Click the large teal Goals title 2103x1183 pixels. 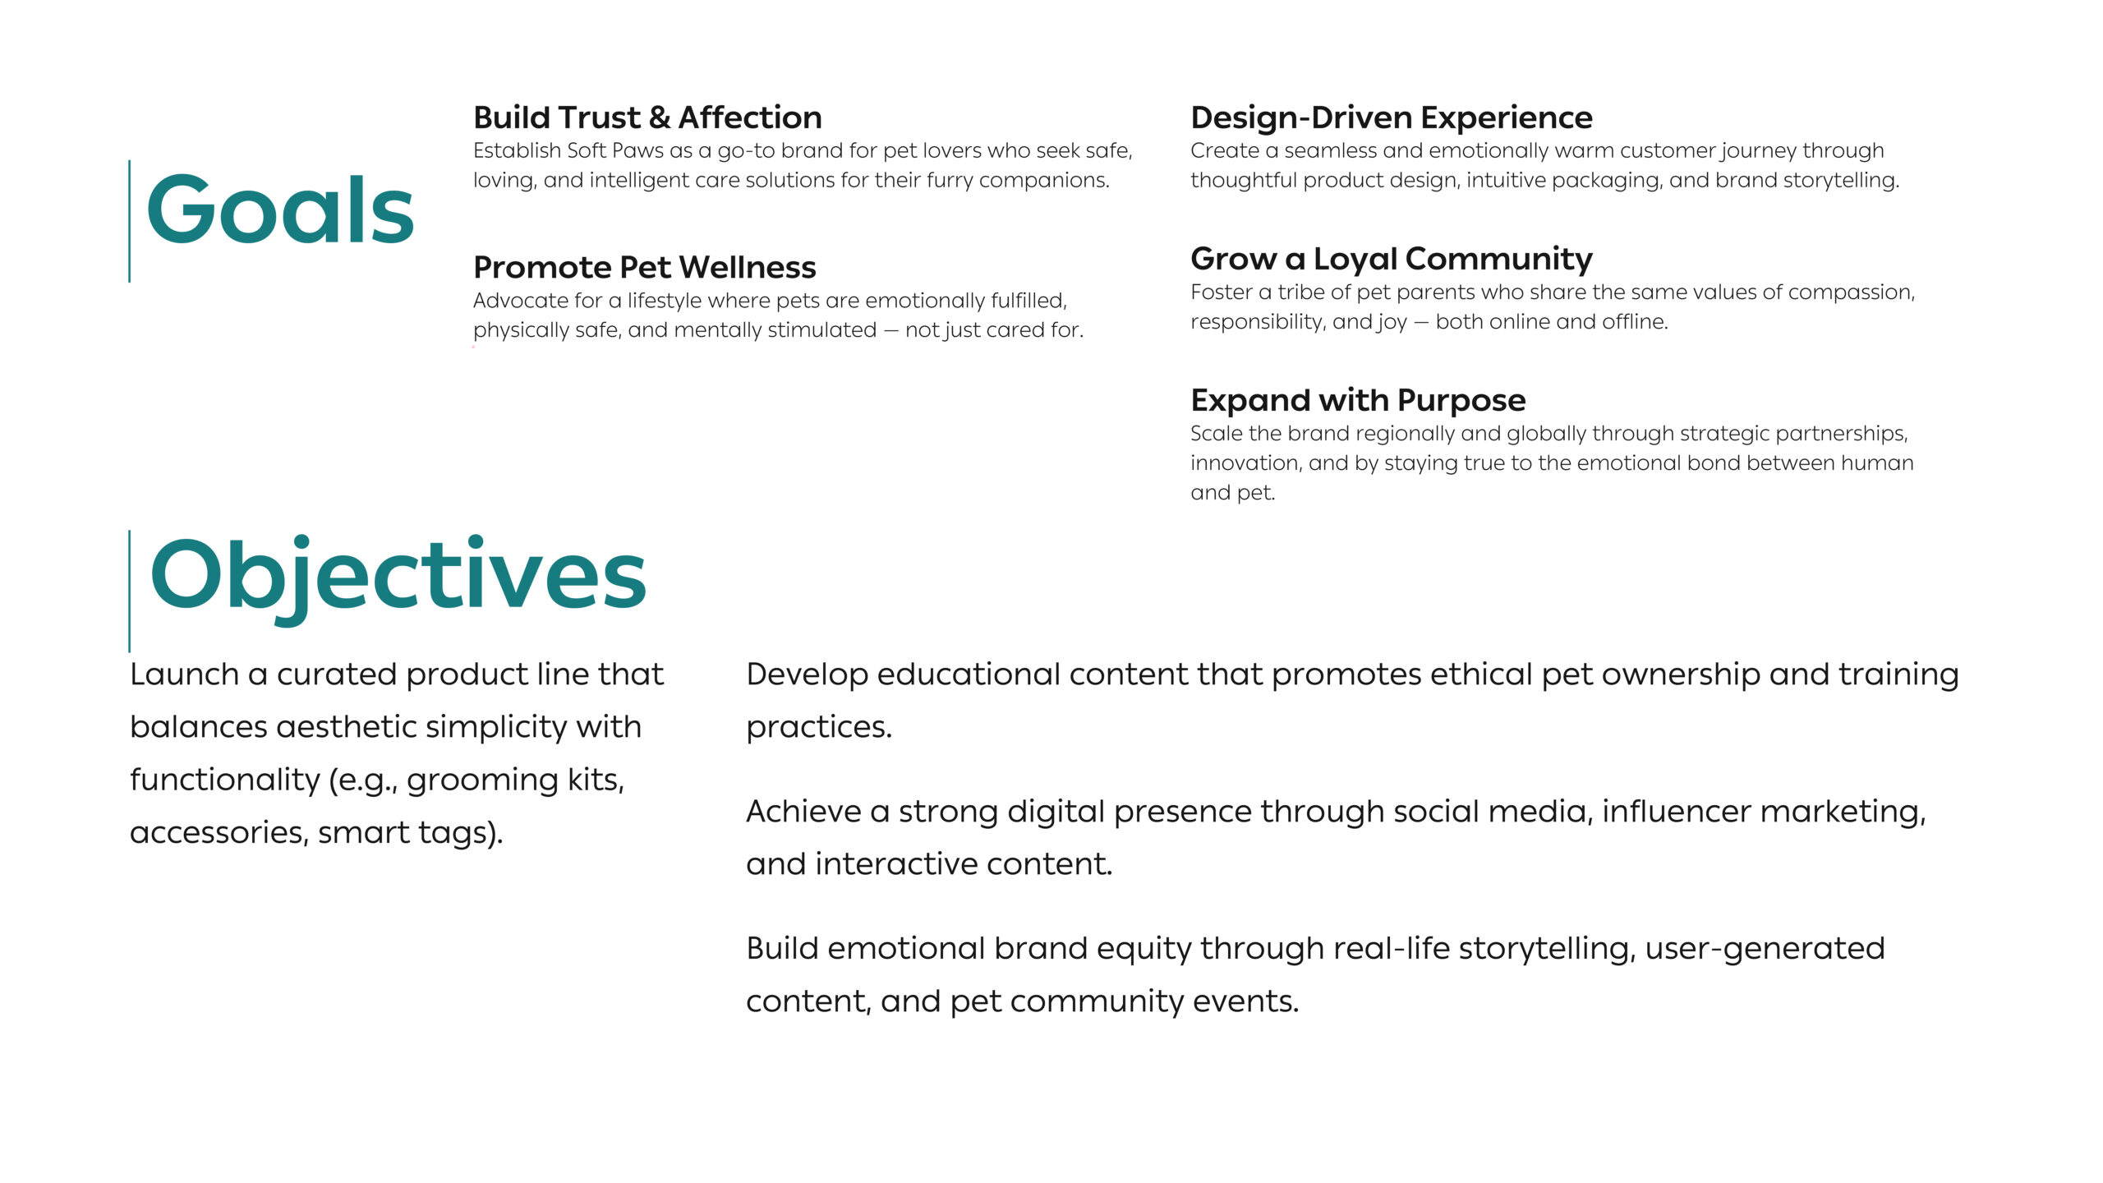click(x=280, y=209)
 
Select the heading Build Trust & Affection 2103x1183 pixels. click(x=647, y=117)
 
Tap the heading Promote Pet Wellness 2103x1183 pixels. click(x=645, y=267)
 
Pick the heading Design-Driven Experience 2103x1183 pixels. click(x=1392, y=117)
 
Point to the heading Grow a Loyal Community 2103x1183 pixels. click(x=1392, y=260)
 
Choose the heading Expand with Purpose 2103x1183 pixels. click(x=1358, y=401)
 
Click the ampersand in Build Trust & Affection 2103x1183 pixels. click(x=659, y=118)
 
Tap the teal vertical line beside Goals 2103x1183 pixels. click(x=130, y=221)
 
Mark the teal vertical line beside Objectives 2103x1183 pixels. click(x=130, y=591)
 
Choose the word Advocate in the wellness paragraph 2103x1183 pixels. click(x=515, y=301)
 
